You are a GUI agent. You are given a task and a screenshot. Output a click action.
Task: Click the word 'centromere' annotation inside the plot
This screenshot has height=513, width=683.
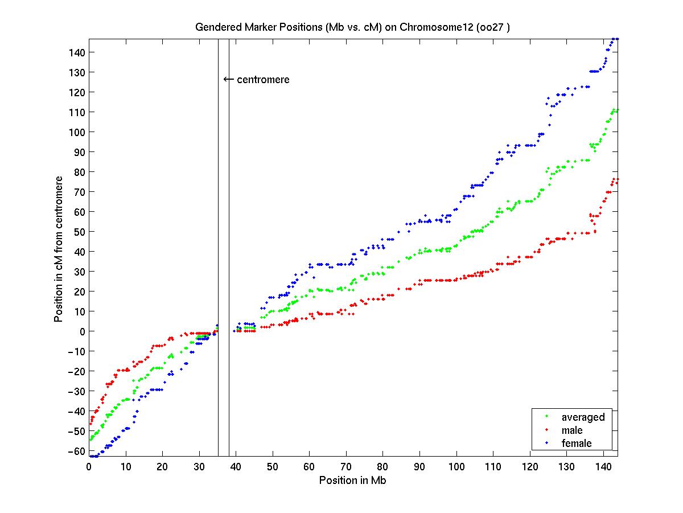tap(263, 80)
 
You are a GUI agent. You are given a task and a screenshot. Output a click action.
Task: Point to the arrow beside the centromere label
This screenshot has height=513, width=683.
tap(228, 79)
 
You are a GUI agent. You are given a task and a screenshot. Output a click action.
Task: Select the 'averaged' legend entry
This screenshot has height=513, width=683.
tap(583, 417)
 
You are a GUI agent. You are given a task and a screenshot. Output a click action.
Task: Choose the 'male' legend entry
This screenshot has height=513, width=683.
tap(572, 430)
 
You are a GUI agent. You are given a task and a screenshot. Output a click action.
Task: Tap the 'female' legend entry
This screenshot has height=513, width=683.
tap(577, 443)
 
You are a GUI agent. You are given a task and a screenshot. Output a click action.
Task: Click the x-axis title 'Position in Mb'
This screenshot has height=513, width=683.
tap(353, 480)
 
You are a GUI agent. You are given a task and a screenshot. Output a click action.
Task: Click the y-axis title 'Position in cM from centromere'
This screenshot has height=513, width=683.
tap(59, 248)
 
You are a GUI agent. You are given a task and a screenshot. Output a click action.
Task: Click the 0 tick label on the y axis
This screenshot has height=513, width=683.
tap(82, 331)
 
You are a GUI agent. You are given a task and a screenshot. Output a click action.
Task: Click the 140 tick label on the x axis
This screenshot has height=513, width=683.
tap(603, 467)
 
